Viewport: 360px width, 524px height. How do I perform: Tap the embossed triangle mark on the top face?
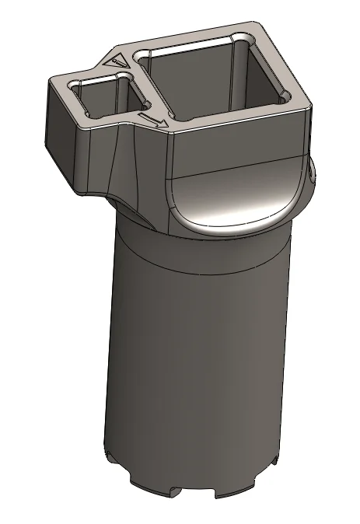click(x=116, y=59)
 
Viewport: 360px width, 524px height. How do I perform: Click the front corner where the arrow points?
click(x=170, y=128)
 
